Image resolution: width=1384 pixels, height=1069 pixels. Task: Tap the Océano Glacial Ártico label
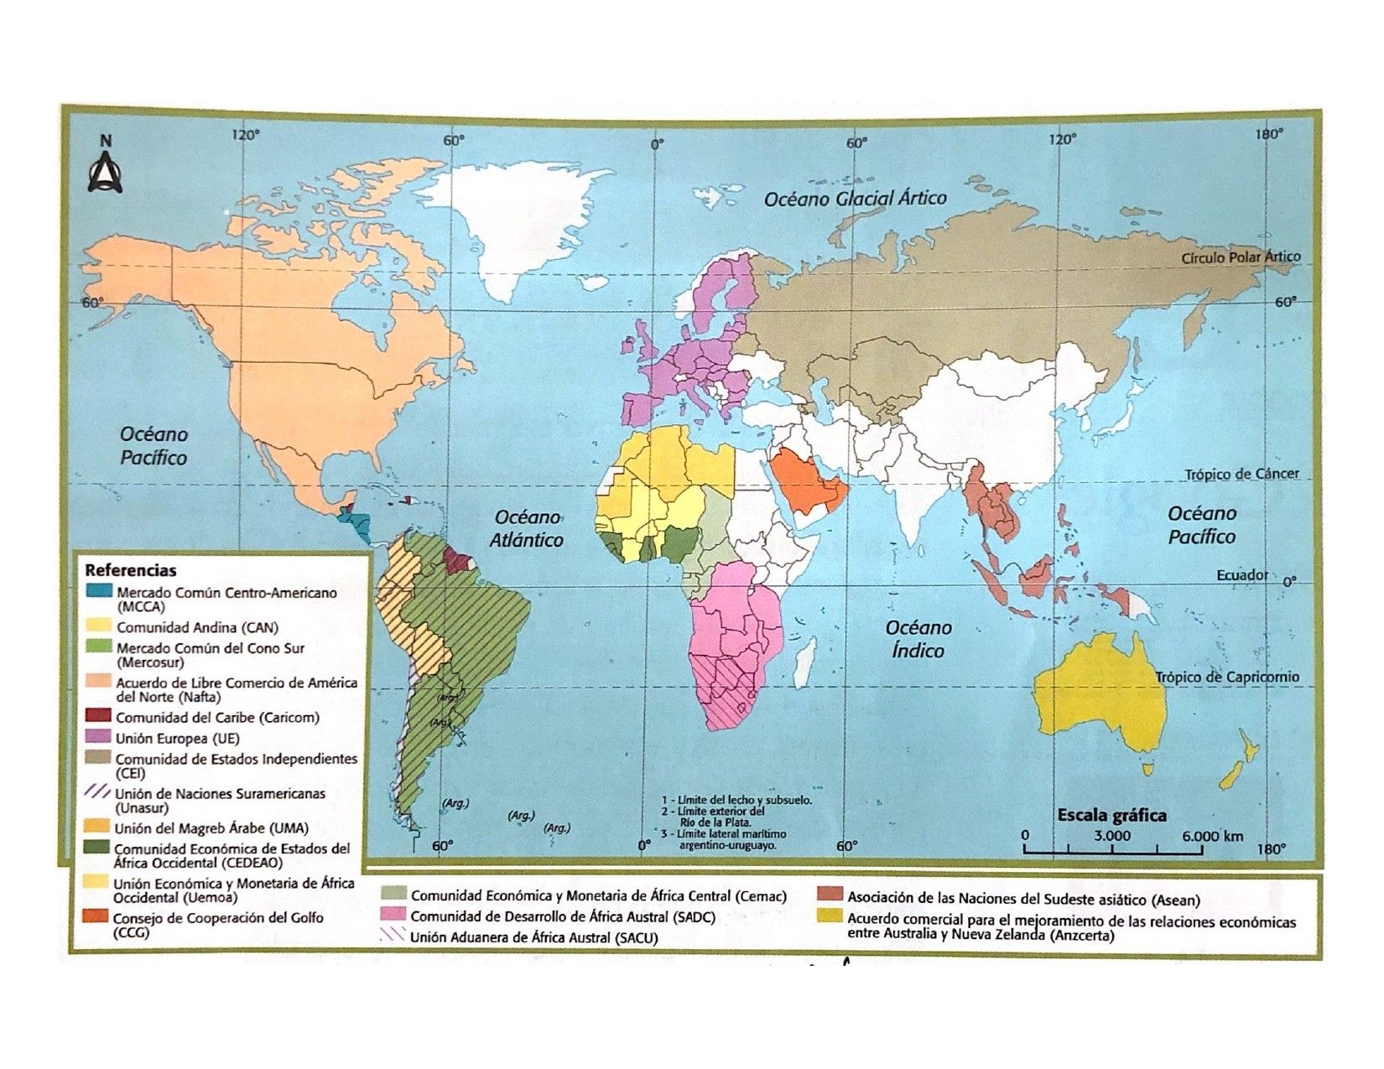(x=855, y=199)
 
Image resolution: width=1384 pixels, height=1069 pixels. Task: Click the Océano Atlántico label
(x=527, y=528)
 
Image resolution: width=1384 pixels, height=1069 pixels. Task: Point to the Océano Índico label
(x=918, y=639)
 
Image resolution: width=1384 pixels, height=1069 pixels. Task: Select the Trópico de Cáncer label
(x=1241, y=474)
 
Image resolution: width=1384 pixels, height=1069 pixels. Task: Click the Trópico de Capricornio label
(x=1226, y=677)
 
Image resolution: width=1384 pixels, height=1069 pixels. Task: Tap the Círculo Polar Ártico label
(x=1241, y=257)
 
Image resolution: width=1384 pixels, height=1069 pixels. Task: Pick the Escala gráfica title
(x=1111, y=815)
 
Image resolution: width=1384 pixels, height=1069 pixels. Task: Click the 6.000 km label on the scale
(x=1212, y=836)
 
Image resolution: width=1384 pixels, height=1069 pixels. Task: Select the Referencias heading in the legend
(x=130, y=570)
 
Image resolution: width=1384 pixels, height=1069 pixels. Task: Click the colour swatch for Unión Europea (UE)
(x=99, y=738)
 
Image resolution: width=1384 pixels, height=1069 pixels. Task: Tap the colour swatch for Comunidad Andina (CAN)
(x=99, y=626)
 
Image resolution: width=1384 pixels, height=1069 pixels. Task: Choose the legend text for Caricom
(x=216, y=718)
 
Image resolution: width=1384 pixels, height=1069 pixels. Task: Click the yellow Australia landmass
(x=1099, y=696)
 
